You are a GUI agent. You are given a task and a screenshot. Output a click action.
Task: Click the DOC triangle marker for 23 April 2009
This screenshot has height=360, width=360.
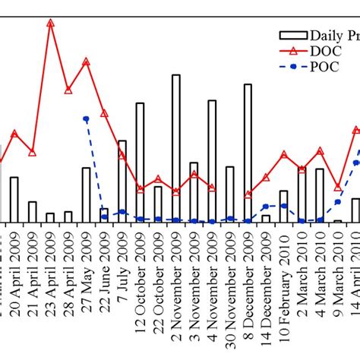point(50,23)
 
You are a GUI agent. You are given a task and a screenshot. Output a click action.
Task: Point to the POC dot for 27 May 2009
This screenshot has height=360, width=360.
point(86,118)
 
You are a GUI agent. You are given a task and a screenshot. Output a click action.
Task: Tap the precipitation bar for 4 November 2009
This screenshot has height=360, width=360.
point(212,160)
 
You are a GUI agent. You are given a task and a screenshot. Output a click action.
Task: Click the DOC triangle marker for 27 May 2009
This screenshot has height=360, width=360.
point(86,62)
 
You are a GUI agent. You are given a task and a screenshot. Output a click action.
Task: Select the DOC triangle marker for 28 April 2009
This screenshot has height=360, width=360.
point(68,90)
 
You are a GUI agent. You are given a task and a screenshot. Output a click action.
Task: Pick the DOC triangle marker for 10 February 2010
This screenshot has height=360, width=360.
point(284,154)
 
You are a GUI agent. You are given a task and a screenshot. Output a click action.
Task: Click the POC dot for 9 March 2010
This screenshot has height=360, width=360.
point(338,202)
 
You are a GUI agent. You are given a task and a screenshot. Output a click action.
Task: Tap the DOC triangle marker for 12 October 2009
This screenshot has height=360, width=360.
point(140,189)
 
